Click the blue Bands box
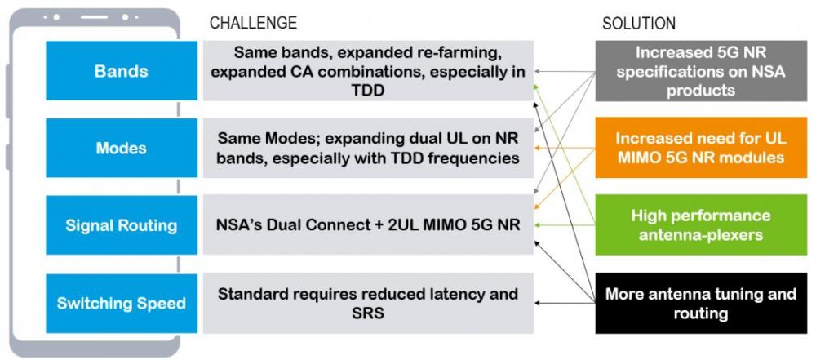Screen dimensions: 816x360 (122, 71)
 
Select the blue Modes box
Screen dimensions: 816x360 (122, 148)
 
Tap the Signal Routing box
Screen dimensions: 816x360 (122, 225)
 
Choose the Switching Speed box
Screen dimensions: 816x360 (122, 303)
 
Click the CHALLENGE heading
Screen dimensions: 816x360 (253, 23)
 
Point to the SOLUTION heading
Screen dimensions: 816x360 (639, 24)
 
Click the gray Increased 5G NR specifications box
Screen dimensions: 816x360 (701, 71)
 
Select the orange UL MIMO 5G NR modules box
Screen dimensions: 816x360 (701, 148)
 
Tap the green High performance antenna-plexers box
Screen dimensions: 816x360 (701, 225)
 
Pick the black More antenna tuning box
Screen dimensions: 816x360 (701, 303)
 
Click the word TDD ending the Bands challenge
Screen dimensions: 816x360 (368, 90)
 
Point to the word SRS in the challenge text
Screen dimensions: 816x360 (368, 313)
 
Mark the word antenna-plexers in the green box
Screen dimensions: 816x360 (700, 235)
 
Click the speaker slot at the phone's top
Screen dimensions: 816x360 (94, 17)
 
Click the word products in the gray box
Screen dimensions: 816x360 (700, 90)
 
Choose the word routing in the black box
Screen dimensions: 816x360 (700, 313)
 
